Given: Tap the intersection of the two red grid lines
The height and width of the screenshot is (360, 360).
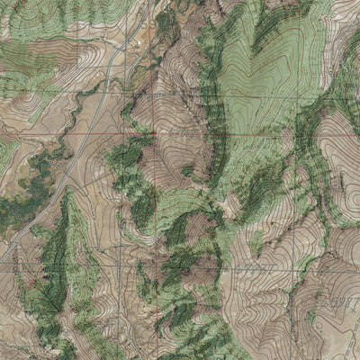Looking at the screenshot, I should (155, 130).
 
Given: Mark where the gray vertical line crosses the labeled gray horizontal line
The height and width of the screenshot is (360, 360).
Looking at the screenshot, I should (155, 267).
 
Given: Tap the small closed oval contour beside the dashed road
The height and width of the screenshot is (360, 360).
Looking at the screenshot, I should (315, 315).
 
